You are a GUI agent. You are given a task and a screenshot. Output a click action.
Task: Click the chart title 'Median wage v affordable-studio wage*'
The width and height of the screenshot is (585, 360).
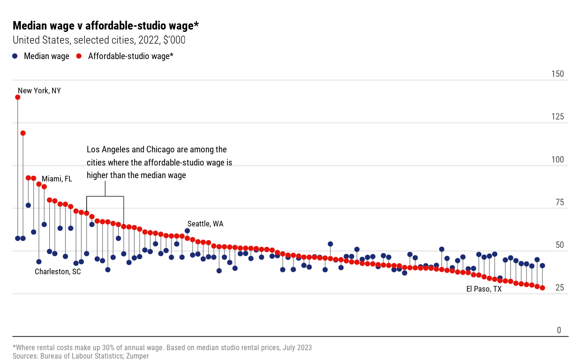tap(106, 26)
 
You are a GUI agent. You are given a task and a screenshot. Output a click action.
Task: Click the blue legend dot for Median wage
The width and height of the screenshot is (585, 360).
tap(15, 56)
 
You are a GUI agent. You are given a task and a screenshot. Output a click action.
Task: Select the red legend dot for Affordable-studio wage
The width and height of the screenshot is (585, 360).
tap(79, 56)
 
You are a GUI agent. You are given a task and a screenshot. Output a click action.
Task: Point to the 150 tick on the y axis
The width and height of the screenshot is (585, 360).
tap(558, 74)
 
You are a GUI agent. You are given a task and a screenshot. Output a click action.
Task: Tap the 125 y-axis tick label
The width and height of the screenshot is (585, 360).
tap(558, 117)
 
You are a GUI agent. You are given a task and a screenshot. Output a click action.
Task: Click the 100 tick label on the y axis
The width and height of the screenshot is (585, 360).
tap(558, 159)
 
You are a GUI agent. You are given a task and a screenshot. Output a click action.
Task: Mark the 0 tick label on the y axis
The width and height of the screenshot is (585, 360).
tap(559, 330)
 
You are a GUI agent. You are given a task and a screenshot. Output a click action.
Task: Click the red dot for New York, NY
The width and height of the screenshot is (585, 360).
tap(18, 97)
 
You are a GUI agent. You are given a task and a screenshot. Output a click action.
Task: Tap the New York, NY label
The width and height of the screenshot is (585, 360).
tap(39, 90)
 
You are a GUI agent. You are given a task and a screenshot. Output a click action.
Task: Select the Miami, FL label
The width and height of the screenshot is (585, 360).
tap(57, 179)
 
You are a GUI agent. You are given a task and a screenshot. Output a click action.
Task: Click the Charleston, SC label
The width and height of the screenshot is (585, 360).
tap(58, 271)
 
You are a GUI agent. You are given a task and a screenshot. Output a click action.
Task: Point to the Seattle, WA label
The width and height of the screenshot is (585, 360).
tap(205, 224)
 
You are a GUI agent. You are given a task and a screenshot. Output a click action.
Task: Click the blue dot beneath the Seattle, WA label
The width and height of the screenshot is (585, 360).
tap(187, 231)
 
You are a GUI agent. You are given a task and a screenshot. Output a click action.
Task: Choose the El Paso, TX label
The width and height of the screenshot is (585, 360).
tap(484, 289)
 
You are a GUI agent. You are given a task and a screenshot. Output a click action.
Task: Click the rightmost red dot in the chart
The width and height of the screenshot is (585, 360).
tap(542, 288)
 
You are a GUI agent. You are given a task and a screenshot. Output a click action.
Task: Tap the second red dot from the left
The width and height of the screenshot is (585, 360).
tap(23, 133)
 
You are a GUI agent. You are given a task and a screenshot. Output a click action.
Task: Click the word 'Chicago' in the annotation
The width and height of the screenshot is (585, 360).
tap(161, 150)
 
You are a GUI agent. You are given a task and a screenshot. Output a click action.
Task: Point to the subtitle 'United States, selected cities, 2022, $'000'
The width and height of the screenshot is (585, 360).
tap(99, 40)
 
